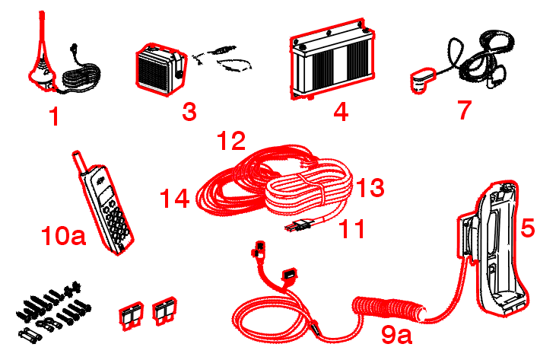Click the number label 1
coord(55,116)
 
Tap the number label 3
coord(189,111)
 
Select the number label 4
coord(341,112)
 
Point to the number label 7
coord(465,110)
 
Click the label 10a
coord(63,236)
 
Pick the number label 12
coord(231,141)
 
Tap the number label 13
coord(370,187)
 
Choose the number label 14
coord(175,198)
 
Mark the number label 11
coord(352,228)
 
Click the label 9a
coord(396,333)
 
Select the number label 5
coord(528,228)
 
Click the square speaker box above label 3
coord(161,69)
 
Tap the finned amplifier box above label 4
coord(332,59)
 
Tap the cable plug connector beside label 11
coord(298,225)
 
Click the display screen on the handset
coord(105,196)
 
